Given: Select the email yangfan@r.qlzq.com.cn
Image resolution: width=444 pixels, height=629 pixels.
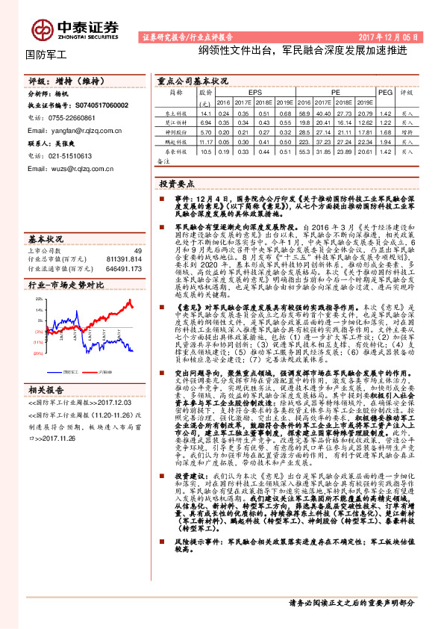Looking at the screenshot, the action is pos(75,130).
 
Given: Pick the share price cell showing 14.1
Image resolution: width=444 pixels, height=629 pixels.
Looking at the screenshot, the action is pos(207,112).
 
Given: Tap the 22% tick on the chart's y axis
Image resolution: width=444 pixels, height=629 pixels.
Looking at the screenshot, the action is pos(39,299).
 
